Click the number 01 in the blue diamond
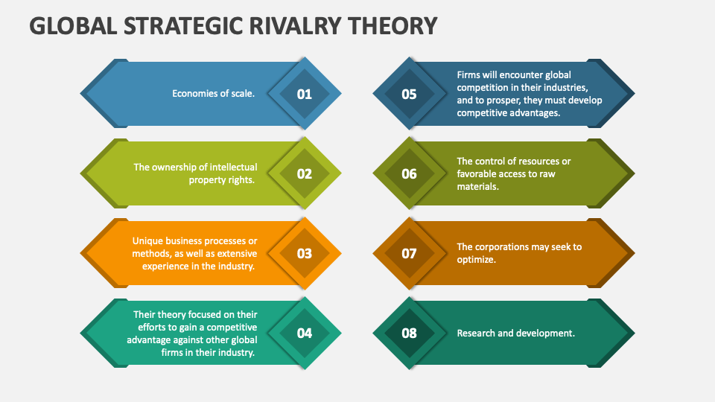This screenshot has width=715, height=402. click(x=304, y=94)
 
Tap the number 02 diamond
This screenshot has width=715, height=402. click(x=304, y=173)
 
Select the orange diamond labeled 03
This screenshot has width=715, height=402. click(x=304, y=253)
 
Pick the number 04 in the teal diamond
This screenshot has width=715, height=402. click(x=304, y=333)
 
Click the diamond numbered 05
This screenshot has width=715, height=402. click(x=410, y=94)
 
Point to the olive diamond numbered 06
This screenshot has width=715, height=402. click(x=410, y=173)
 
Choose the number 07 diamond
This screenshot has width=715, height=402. click(x=410, y=253)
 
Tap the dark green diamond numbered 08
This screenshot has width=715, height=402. click(x=410, y=333)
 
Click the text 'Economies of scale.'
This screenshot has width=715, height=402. click(x=213, y=94)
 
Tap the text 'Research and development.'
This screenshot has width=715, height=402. click(x=515, y=333)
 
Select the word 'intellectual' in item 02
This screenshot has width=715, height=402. click(x=229, y=167)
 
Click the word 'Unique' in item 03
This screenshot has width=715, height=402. click(x=147, y=240)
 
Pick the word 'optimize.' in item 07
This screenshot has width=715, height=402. click(x=477, y=259)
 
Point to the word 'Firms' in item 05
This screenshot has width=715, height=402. click(x=469, y=74)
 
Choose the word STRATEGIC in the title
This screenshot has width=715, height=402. click(x=170, y=27)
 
